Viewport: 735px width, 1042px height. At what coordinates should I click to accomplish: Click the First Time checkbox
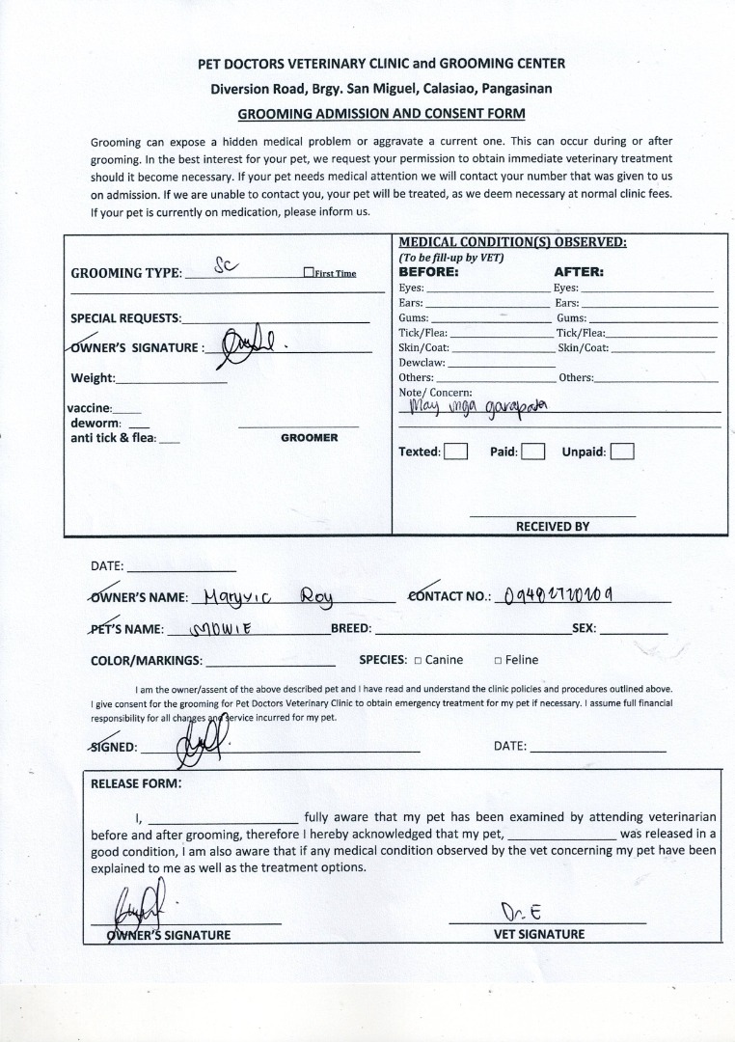(309, 273)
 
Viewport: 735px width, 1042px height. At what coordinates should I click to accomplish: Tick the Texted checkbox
(456, 452)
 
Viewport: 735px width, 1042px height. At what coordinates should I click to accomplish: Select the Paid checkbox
(533, 452)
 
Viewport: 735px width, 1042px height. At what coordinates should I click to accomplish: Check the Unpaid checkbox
(622, 452)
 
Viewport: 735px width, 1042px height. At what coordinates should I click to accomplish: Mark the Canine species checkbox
(418, 661)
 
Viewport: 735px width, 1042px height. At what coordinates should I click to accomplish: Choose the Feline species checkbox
(498, 661)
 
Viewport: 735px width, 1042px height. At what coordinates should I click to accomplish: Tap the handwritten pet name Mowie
(225, 628)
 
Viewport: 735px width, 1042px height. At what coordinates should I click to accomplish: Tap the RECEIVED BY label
(552, 527)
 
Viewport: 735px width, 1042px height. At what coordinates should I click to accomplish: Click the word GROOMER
(309, 438)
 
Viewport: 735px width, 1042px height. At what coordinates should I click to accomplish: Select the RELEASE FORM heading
(135, 783)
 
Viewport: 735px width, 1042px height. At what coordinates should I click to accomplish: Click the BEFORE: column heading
(428, 272)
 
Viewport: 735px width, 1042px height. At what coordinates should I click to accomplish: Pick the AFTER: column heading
(578, 272)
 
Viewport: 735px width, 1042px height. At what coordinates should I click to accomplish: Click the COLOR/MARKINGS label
(146, 661)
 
